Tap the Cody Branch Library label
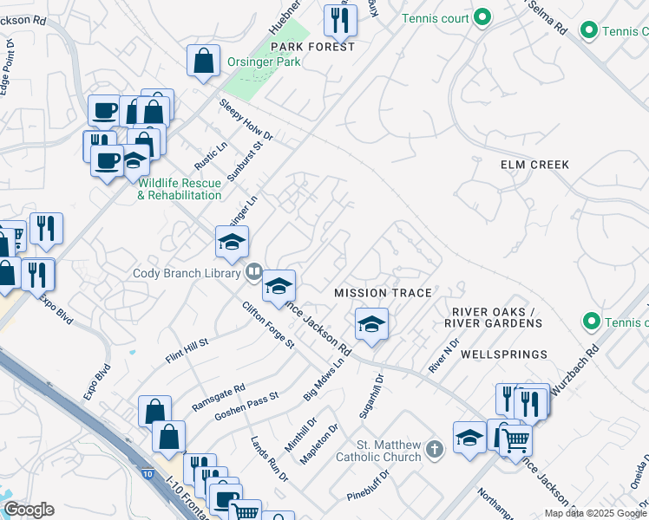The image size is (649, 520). click(x=186, y=273)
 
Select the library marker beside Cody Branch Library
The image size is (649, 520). click(x=253, y=272)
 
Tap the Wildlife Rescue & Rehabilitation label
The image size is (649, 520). click(x=180, y=189)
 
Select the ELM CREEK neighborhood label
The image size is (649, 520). click(x=534, y=165)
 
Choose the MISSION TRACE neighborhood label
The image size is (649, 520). click(x=383, y=293)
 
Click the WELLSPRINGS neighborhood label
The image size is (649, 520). click(x=503, y=354)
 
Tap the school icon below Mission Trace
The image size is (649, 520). click(x=371, y=325)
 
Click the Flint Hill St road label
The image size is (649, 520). click(x=187, y=352)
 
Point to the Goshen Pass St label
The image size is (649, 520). click(x=246, y=406)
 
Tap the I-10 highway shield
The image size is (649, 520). click(x=148, y=474)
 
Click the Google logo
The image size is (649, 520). click(x=29, y=510)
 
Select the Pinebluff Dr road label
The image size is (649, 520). click(x=370, y=485)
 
